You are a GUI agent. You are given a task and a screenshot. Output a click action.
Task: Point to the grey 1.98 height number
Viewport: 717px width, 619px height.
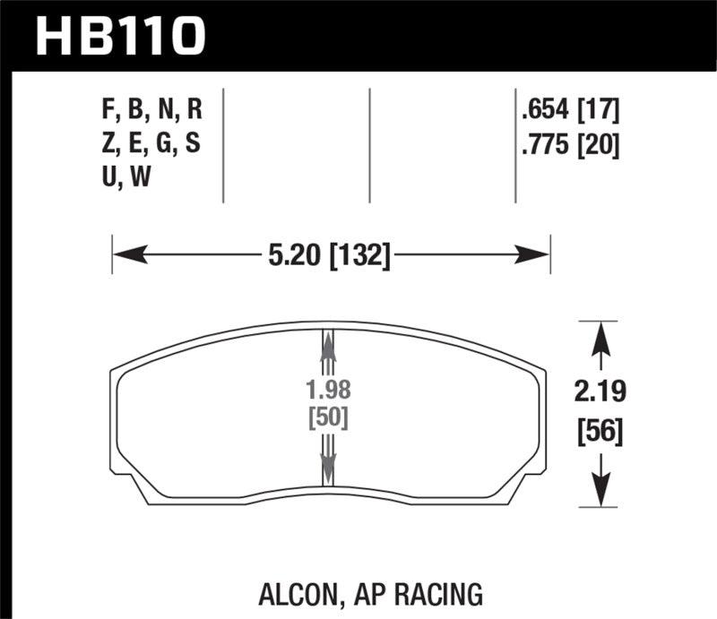328,391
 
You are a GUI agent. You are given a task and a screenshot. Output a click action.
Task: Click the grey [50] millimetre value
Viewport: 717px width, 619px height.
328,418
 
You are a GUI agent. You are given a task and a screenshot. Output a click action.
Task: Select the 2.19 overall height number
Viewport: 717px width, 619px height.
598,391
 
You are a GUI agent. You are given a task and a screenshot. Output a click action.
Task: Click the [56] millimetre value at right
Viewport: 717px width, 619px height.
598,434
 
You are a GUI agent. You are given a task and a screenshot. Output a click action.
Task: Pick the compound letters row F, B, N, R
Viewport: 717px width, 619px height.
152,112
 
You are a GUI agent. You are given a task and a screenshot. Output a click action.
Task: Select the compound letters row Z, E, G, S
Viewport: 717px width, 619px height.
151,142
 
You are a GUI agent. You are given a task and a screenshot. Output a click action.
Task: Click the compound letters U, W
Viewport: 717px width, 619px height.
126,176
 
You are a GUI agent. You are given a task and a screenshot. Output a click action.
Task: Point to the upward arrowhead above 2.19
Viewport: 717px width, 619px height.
598,337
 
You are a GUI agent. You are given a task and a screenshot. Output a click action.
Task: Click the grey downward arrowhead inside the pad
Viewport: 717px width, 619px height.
328,466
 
